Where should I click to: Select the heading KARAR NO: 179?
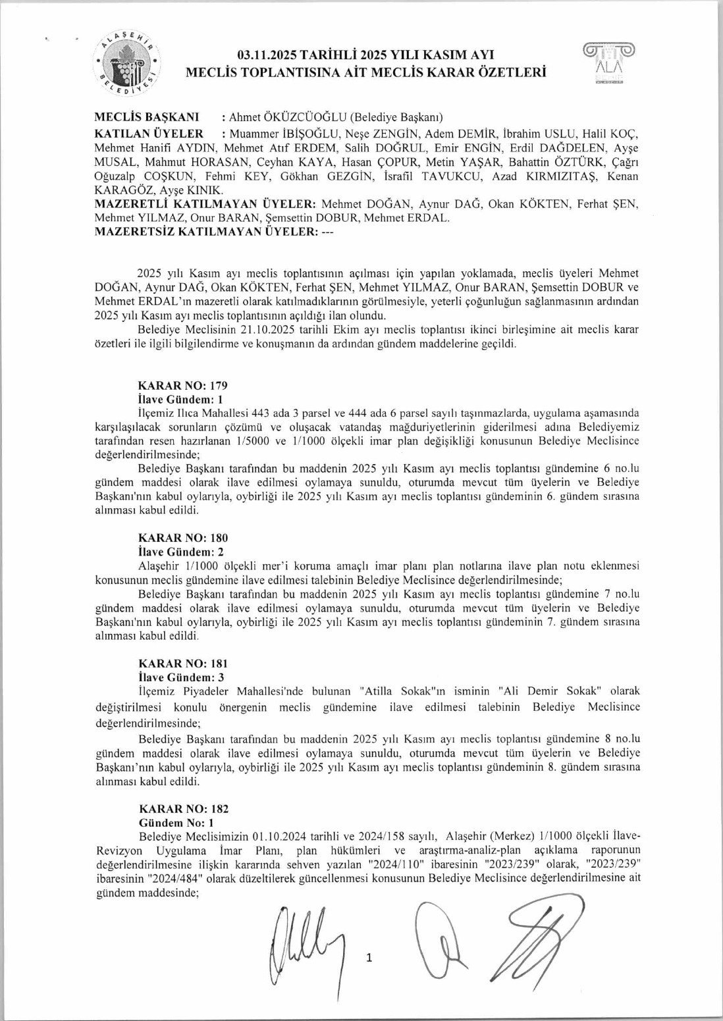click(182, 386)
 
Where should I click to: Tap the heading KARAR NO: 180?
click(182, 538)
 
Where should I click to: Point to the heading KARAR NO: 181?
click(182, 664)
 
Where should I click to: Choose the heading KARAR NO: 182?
click(184, 809)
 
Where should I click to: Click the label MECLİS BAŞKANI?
click(147, 117)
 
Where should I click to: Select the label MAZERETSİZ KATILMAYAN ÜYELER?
click(207, 232)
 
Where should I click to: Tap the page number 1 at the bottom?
click(369, 958)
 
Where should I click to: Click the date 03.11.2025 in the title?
click(272, 55)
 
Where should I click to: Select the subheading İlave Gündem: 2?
click(181, 552)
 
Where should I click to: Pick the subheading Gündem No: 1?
click(176, 823)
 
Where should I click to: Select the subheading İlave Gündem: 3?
click(181, 677)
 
